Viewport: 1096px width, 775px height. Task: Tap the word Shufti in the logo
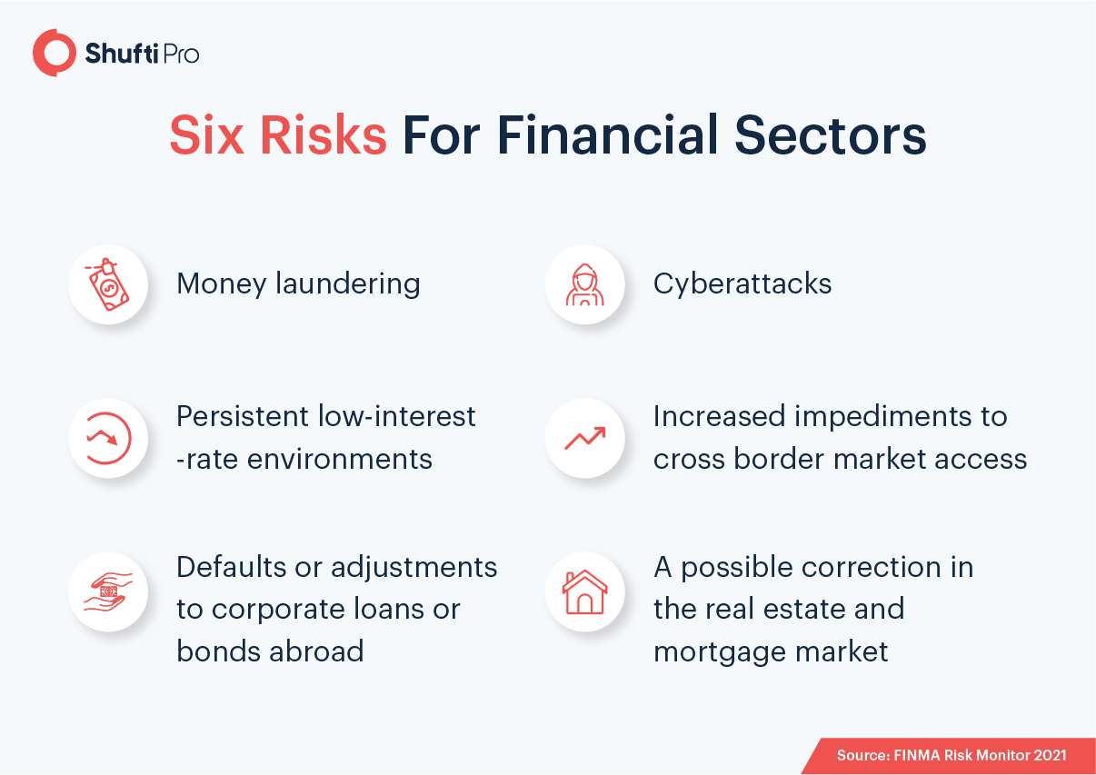[122, 54]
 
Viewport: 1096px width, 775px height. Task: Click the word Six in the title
[206, 135]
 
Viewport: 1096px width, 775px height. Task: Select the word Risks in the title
[323, 135]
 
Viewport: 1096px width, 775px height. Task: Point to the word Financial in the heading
[608, 135]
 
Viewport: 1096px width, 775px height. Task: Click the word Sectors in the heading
[831, 135]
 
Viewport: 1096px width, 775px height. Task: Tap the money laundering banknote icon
[107, 284]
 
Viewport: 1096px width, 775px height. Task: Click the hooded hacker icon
[584, 284]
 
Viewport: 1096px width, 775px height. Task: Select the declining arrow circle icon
[108, 438]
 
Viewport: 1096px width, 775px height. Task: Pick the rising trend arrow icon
[585, 438]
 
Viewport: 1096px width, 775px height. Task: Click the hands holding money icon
[108, 591]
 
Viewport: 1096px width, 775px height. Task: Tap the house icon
[584, 591]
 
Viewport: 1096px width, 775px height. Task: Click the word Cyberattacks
[742, 283]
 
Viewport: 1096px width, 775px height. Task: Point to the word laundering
[347, 283]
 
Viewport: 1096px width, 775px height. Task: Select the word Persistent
[243, 416]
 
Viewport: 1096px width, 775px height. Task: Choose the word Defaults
[231, 567]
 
